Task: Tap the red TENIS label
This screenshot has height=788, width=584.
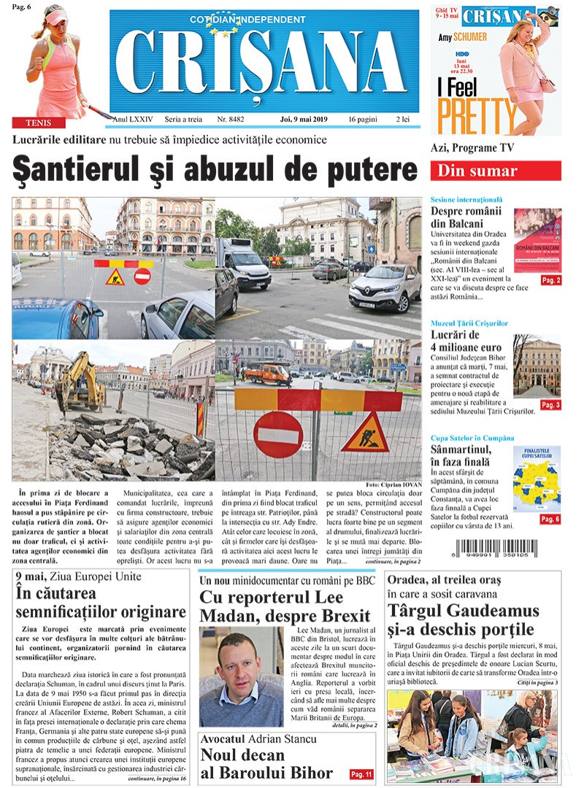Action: coord(38,123)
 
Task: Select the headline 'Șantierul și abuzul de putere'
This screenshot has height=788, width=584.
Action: coord(215,170)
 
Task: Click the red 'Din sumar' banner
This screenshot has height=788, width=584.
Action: coord(496,171)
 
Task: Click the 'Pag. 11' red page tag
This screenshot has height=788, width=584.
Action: coord(361,773)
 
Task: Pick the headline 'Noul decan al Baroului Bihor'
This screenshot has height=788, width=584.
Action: coord(266,764)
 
